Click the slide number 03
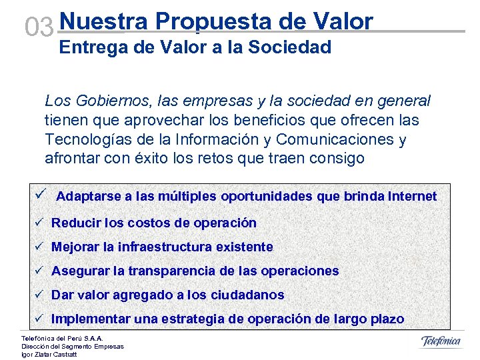tap(39, 27)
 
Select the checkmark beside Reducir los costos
tap(40, 223)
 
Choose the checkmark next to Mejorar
tap(40, 247)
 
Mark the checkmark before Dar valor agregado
tap(40, 295)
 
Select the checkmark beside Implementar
tap(40, 319)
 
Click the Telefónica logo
tap(441, 341)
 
